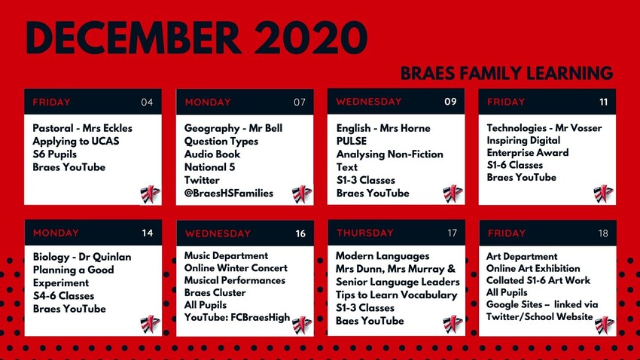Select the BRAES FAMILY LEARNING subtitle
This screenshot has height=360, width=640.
click(x=507, y=73)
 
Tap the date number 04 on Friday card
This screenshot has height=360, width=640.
click(x=147, y=102)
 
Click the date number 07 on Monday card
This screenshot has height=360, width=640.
click(x=300, y=102)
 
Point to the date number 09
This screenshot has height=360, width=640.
click(x=450, y=101)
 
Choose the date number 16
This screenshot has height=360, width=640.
click(x=300, y=233)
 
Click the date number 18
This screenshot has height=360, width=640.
click(x=603, y=233)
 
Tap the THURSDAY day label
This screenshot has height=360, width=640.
click(x=364, y=233)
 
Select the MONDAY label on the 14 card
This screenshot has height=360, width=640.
click(x=56, y=233)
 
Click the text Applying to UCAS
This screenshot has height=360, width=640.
click(x=76, y=141)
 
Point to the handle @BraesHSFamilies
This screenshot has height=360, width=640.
click(x=229, y=194)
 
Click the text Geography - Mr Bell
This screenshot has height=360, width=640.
click(x=233, y=129)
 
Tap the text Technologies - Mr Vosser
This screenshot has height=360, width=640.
click(x=544, y=128)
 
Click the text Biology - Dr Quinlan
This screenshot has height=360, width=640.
click(x=82, y=257)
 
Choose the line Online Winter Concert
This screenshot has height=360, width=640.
click(x=236, y=268)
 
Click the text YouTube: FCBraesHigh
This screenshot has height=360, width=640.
click(x=237, y=317)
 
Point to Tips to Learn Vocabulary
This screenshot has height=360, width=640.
click(x=397, y=294)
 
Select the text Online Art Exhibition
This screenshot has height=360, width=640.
click(x=533, y=268)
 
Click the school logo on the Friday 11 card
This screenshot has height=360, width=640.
click(x=604, y=194)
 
